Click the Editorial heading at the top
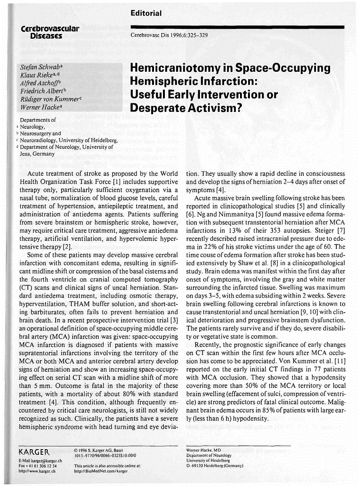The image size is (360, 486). coord(146,13)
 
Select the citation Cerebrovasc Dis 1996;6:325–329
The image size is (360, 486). coord(169,35)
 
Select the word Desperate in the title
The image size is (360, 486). coord(156,108)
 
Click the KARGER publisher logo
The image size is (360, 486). coord(35,452)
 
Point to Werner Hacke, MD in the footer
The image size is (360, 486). coord(204,451)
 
